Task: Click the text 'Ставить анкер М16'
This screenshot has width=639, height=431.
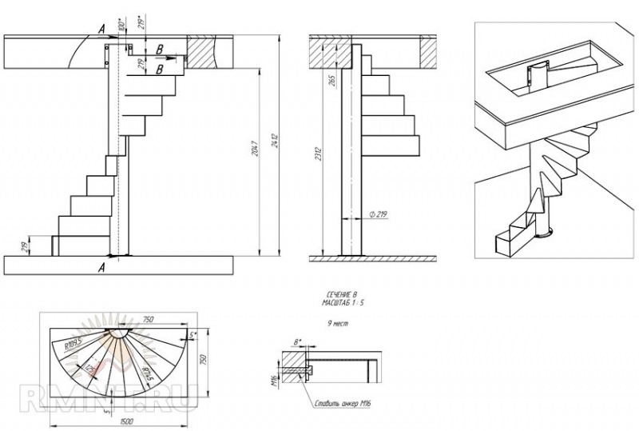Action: tap(343, 404)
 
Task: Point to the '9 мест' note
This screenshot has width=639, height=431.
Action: tap(338, 325)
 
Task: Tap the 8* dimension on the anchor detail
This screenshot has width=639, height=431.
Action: tap(299, 341)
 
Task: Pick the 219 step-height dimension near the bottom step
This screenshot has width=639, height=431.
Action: tap(30, 245)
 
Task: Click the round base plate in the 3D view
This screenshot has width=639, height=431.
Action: tap(545, 234)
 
